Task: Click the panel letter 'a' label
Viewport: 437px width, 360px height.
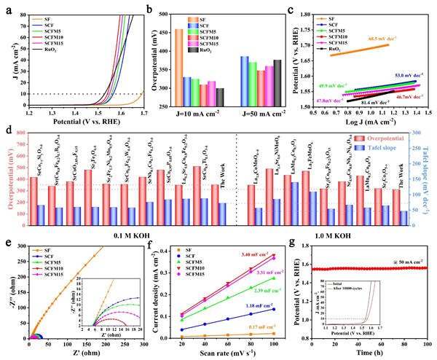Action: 7,7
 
